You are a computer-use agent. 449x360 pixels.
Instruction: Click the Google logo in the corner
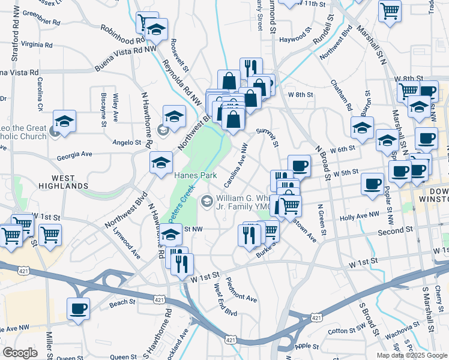(x=20, y=353)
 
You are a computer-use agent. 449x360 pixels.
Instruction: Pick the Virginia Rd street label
(x=37, y=45)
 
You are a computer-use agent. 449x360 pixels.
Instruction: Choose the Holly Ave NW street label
(x=360, y=215)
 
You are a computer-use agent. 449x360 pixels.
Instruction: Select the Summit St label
(x=268, y=137)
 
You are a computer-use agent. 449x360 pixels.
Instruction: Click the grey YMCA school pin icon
(x=206, y=200)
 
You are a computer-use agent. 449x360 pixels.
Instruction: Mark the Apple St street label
(x=306, y=346)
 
